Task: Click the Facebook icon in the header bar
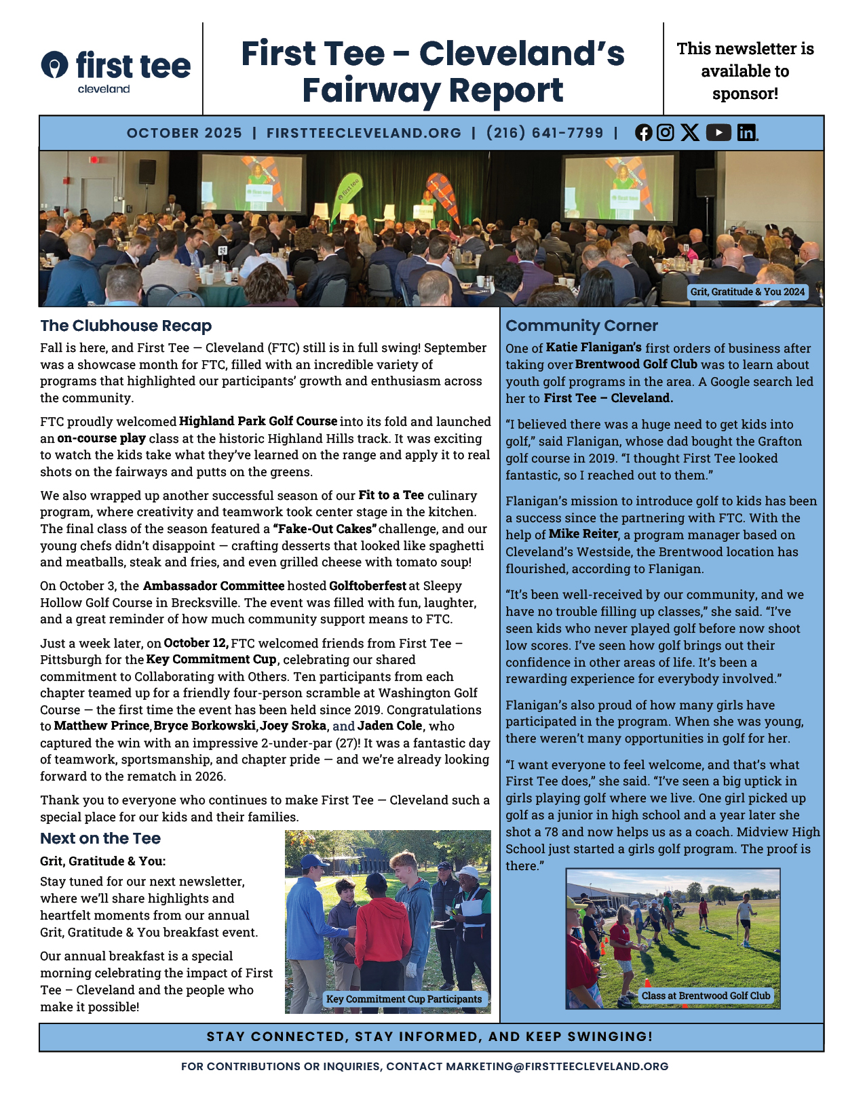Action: tap(643, 133)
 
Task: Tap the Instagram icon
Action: tap(666, 132)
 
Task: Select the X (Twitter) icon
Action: tap(690, 132)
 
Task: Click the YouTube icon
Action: tap(718, 132)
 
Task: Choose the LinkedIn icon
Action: tap(747, 132)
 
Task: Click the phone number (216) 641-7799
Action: tap(545, 133)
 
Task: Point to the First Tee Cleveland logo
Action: tap(116, 71)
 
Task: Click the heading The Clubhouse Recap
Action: tap(126, 326)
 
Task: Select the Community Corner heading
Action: tap(581, 326)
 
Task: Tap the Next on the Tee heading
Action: tap(100, 838)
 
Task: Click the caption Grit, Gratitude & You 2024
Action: tap(748, 292)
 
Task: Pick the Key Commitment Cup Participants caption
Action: tap(404, 999)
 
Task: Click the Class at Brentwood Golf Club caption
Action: tap(706, 996)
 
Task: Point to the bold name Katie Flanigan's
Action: tap(594, 348)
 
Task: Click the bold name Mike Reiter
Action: tap(583, 534)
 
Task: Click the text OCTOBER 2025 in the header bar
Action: tap(185, 133)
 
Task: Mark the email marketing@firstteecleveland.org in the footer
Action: tap(557, 1066)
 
